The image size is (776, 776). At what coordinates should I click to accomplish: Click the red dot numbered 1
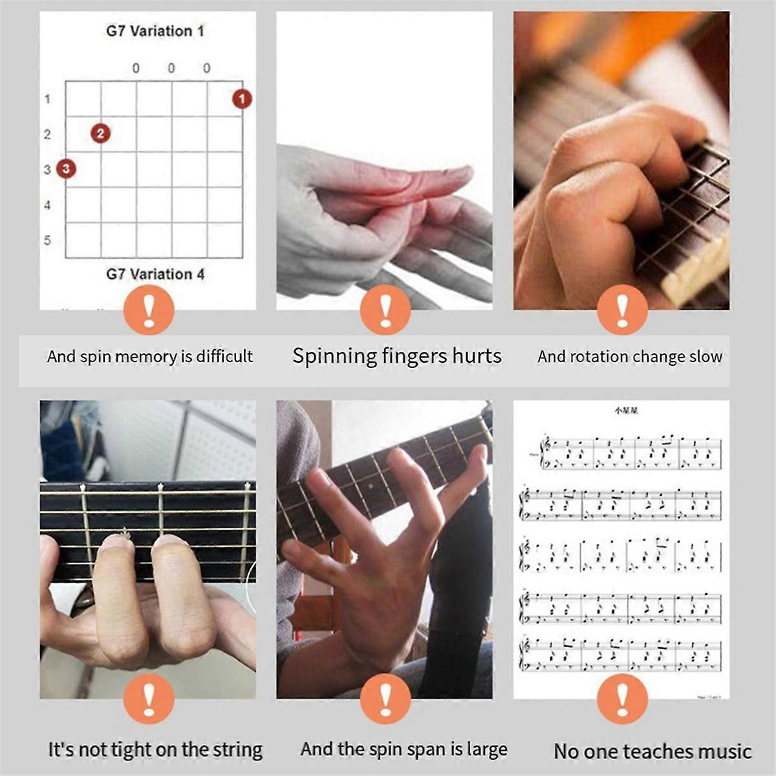pyautogui.click(x=242, y=99)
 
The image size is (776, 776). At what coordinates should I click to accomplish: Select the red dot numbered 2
pyautogui.click(x=100, y=133)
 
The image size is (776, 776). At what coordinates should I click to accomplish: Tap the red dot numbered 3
pyautogui.click(x=66, y=169)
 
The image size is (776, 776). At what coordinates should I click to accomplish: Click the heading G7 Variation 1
pyautogui.click(x=155, y=31)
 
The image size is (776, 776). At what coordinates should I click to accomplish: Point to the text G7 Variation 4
pyautogui.click(x=155, y=274)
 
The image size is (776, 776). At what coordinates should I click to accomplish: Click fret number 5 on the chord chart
pyautogui.click(x=47, y=241)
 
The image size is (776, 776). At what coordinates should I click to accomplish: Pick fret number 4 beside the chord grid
pyautogui.click(x=47, y=206)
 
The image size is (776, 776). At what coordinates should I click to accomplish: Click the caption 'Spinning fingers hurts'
pyautogui.click(x=396, y=356)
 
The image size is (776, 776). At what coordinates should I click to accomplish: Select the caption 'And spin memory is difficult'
pyautogui.click(x=150, y=356)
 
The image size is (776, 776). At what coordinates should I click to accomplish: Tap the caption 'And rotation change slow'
pyautogui.click(x=629, y=356)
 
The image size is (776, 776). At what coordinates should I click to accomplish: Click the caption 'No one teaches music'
pyautogui.click(x=652, y=751)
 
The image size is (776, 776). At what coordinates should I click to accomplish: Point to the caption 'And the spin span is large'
pyautogui.click(x=404, y=749)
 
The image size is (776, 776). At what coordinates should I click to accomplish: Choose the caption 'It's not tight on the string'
pyautogui.click(x=155, y=750)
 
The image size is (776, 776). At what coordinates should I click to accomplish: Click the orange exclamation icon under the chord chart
pyautogui.click(x=149, y=310)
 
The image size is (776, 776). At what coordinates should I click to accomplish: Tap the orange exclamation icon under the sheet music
pyautogui.click(x=622, y=699)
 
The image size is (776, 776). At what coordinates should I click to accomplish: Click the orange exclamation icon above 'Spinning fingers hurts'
pyautogui.click(x=385, y=310)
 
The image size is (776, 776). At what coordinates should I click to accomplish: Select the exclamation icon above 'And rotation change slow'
pyautogui.click(x=622, y=310)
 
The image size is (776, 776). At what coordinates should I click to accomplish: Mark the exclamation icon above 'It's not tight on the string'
pyautogui.click(x=149, y=699)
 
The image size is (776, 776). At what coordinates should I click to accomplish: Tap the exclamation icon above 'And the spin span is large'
pyautogui.click(x=385, y=699)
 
